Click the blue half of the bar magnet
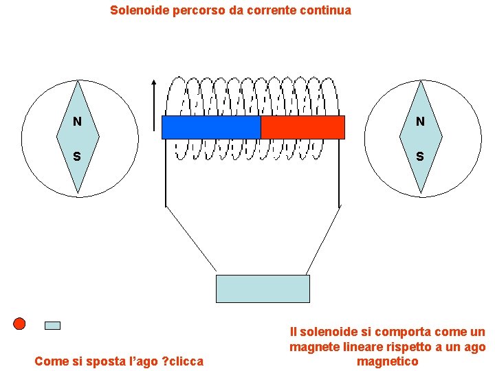[211, 127]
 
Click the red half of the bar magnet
[302, 127]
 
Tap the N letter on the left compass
[77, 122]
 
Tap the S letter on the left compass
[77, 157]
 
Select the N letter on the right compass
[419, 122]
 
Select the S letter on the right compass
[419, 157]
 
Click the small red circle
[19, 324]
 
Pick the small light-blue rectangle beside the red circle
[52, 326]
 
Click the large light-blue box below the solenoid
[263, 289]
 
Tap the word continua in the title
[326, 10]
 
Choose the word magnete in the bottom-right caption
[312, 348]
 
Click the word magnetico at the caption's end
[388, 361]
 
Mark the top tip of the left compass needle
[79, 82]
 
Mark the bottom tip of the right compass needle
[421, 192]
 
